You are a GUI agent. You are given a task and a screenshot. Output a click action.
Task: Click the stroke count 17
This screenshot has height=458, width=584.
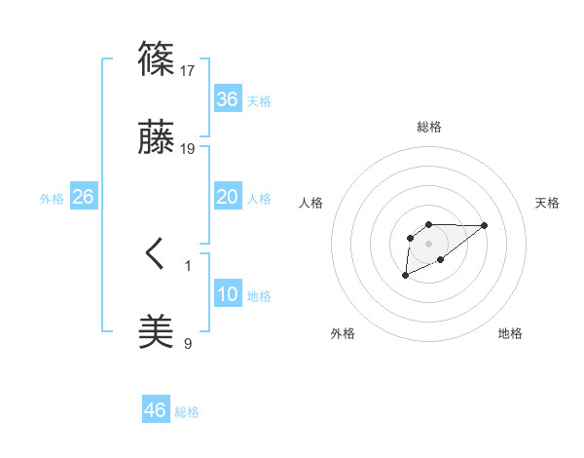[189, 70]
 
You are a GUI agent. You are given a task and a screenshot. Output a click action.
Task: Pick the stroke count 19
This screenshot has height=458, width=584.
[189, 149]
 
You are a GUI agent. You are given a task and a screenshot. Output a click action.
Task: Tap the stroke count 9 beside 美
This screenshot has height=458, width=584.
[188, 343]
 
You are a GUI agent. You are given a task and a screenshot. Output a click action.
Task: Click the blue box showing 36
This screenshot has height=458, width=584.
[227, 99]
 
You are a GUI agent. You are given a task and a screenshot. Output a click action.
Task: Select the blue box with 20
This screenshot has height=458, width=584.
[227, 197]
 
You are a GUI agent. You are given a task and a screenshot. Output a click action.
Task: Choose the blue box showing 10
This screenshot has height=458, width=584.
[227, 294]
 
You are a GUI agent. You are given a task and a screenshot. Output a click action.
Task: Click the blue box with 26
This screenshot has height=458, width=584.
[83, 197]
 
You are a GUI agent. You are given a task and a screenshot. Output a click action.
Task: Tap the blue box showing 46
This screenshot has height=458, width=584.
[155, 410]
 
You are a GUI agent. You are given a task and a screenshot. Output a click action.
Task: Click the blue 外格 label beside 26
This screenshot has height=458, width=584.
[52, 199]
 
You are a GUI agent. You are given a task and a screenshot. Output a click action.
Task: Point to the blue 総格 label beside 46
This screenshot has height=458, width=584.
[187, 412]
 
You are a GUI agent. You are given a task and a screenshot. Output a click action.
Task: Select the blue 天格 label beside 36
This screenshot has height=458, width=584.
[259, 101]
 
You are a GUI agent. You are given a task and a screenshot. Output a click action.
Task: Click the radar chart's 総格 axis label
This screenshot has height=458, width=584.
[428, 127]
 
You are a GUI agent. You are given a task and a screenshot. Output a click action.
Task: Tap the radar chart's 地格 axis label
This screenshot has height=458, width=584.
[510, 333]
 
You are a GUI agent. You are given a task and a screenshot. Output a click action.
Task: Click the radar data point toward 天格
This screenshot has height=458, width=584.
[485, 225]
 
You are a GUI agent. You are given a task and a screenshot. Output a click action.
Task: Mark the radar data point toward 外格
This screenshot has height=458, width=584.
[405, 276]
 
